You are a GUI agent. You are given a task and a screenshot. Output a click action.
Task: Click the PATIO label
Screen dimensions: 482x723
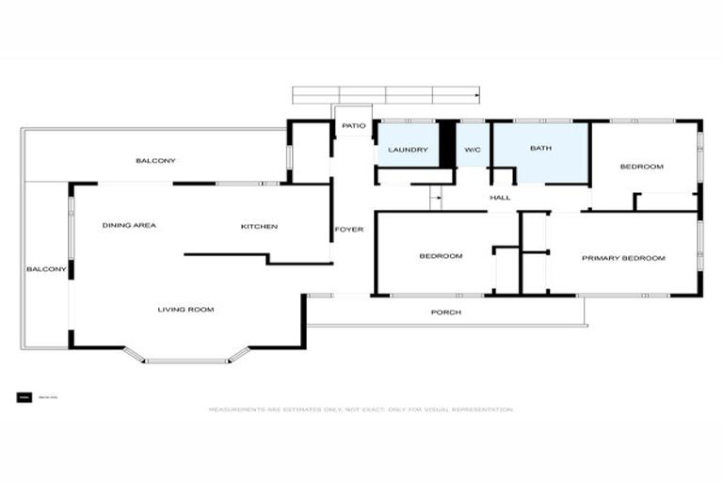tap(353, 125)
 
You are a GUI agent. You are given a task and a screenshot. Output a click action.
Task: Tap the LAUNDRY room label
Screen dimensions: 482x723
tap(408, 149)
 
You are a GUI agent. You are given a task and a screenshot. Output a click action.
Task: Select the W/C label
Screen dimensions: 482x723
tap(471, 149)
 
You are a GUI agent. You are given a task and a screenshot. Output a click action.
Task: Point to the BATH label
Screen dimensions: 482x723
tap(540, 148)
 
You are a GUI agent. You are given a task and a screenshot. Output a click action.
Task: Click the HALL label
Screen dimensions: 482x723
tap(500, 198)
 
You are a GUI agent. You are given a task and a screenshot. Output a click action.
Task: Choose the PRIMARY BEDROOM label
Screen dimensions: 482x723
tap(623, 258)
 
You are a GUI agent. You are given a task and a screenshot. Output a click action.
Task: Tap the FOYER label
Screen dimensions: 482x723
tap(349, 229)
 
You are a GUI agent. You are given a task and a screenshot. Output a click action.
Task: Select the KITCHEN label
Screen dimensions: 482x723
tap(259, 226)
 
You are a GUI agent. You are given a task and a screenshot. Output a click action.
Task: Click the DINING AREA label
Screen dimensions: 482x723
tap(129, 226)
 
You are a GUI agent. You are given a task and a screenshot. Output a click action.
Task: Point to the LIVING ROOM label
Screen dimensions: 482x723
tap(185, 309)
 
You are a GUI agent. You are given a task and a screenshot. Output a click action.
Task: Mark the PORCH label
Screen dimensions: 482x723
tap(445, 312)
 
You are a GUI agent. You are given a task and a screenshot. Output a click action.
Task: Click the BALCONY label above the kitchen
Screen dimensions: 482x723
tap(155, 161)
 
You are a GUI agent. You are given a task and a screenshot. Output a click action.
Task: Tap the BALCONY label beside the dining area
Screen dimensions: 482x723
tap(46, 269)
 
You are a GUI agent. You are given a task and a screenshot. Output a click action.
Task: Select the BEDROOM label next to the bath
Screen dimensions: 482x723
tap(641, 167)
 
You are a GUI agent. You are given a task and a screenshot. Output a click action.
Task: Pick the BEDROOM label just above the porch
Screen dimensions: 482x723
tap(441, 256)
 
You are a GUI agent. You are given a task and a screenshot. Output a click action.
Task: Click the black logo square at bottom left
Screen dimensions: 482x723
tap(24, 397)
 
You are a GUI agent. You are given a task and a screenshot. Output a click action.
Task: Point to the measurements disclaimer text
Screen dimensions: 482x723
tap(361, 410)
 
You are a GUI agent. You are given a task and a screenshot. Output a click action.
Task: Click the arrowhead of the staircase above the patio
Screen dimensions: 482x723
tap(477, 94)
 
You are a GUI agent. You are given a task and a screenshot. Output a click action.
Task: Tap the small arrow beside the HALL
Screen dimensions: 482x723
tap(436, 198)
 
